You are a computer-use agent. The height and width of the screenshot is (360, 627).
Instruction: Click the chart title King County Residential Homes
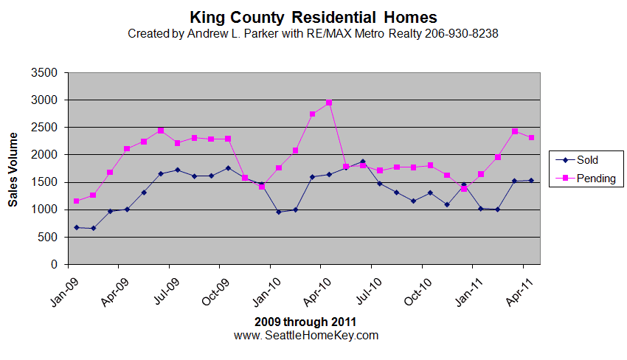[313, 17]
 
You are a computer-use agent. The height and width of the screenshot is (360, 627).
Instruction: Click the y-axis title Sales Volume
[13, 169]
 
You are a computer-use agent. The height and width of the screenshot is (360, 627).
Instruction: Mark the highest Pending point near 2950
[329, 103]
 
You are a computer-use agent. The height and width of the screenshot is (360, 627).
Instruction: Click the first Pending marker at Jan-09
[76, 201]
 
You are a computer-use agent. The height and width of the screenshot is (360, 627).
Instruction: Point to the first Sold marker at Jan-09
[76, 227]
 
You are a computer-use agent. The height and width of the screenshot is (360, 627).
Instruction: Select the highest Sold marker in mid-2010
[362, 162]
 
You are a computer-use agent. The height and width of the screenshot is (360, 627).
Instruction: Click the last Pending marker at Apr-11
[531, 137]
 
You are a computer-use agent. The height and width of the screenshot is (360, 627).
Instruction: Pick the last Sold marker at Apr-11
[531, 180]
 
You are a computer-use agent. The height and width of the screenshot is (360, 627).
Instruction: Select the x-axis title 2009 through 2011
[305, 322]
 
